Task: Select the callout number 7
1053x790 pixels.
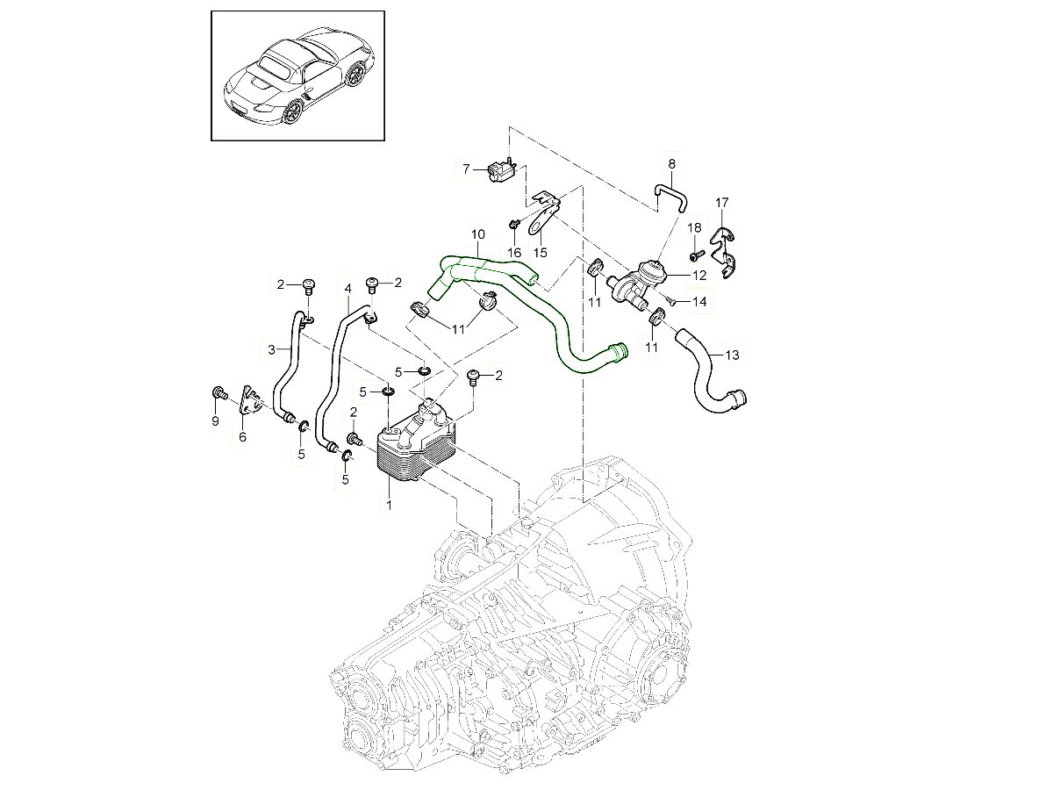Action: (x=468, y=168)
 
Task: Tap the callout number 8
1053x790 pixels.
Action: (x=671, y=163)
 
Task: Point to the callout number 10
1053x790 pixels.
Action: (x=477, y=235)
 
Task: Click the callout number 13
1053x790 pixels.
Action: (x=732, y=355)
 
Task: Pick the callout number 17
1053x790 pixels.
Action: (x=721, y=204)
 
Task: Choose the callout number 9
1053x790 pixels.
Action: (x=215, y=422)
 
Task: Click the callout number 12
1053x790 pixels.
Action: (x=699, y=275)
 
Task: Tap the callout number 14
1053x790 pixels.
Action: (x=699, y=302)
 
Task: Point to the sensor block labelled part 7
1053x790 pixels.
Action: (x=498, y=169)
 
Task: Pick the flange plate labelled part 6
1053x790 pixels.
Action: (x=250, y=406)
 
